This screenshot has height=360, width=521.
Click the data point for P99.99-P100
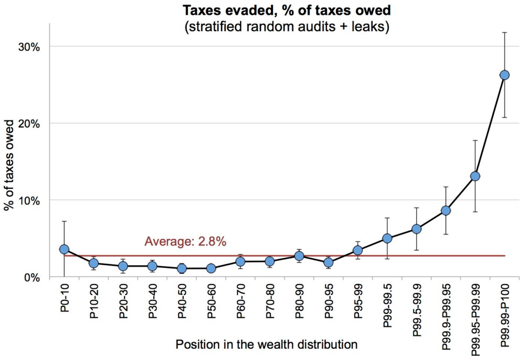[504, 75]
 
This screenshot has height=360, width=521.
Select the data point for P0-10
[64, 249]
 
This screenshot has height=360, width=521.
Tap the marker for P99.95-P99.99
[475, 176]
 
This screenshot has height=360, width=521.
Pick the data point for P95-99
[358, 250]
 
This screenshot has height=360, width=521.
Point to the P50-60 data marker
[211, 268]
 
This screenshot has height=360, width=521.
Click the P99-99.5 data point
[387, 238]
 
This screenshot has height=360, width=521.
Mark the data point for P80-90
[299, 256]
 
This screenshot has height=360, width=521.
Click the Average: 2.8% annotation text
[185, 241]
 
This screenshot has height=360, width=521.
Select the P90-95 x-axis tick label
[329, 302]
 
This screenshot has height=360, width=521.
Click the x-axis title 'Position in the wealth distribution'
[267, 345]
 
